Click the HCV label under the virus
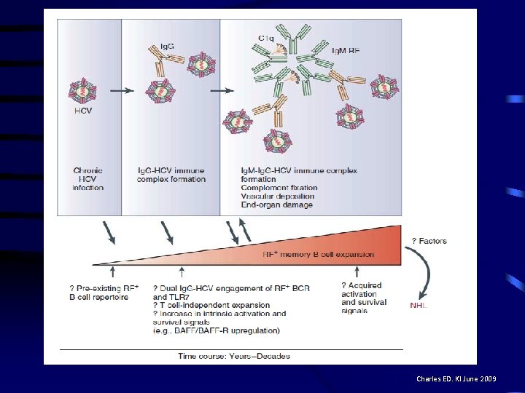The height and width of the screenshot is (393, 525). pyautogui.click(x=82, y=111)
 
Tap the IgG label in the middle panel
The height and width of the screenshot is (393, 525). pyautogui.click(x=167, y=47)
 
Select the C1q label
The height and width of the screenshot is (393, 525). pyautogui.click(x=266, y=38)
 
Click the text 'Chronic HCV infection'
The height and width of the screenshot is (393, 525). pyautogui.click(x=87, y=179)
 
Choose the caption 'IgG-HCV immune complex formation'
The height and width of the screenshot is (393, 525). pyautogui.click(x=171, y=175)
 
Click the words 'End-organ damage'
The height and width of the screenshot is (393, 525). pyautogui.click(x=277, y=205)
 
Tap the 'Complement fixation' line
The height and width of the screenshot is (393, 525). pyautogui.click(x=279, y=188)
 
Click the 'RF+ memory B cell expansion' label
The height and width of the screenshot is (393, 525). pyautogui.click(x=319, y=254)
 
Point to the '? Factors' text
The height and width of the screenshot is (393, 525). pyautogui.click(x=429, y=241)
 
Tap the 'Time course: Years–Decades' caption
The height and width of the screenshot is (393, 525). pyautogui.click(x=234, y=356)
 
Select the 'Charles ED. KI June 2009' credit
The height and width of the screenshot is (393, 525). pyautogui.click(x=457, y=379)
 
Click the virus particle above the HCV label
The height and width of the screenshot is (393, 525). pyautogui.click(x=82, y=90)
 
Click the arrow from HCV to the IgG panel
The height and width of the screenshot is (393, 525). pyautogui.click(x=125, y=90)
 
